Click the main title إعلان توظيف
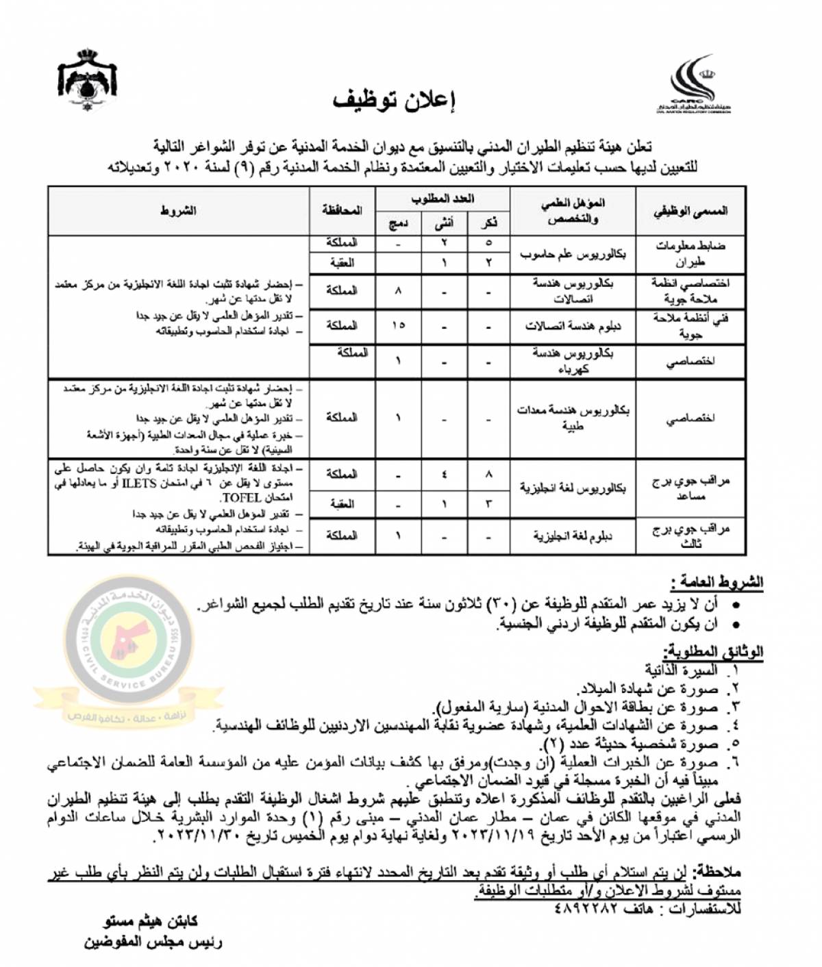(x=395, y=100)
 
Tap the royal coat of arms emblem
(x=88, y=79)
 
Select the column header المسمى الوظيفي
(x=690, y=211)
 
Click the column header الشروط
(x=178, y=211)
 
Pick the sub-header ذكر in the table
(x=488, y=223)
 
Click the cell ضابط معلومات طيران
(x=690, y=254)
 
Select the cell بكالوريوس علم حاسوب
(x=573, y=254)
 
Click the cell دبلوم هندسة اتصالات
(x=573, y=325)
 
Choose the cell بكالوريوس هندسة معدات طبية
(x=573, y=418)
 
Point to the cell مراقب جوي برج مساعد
(x=690, y=488)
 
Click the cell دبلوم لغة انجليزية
(x=573, y=536)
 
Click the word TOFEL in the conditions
(x=244, y=498)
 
